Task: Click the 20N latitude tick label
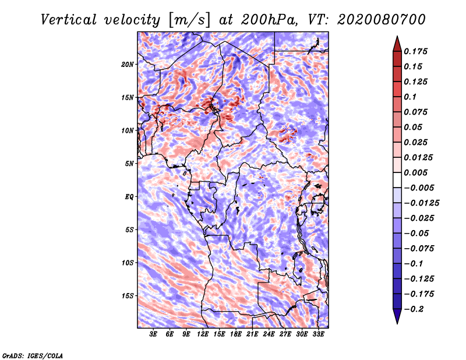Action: [x=127, y=64]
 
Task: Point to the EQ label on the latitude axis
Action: [x=129, y=196]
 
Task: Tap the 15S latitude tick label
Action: [x=128, y=296]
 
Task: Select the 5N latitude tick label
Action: [x=129, y=164]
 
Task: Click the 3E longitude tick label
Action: [x=153, y=334]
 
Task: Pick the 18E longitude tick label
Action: [x=236, y=334]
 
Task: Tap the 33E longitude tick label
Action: [x=318, y=334]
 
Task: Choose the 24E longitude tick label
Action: [x=269, y=334]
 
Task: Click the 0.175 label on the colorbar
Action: [x=415, y=51]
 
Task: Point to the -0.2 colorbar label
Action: [x=414, y=309]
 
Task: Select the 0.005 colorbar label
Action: [x=415, y=172]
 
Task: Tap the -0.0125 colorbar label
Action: [x=421, y=203]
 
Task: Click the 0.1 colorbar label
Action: [x=410, y=97]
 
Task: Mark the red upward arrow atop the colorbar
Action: [x=397, y=44]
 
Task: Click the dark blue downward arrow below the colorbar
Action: [x=397, y=316]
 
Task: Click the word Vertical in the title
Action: [x=69, y=20]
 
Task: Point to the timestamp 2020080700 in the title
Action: [x=382, y=20]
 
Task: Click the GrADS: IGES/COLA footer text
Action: [x=33, y=355]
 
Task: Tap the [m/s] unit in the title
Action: [x=189, y=20]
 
